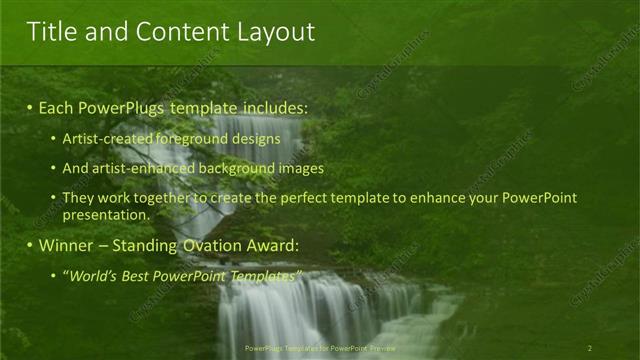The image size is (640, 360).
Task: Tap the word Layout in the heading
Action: [x=274, y=32]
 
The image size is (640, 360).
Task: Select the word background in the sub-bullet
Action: [x=239, y=168]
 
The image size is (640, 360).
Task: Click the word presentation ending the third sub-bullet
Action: [x=105, y=214]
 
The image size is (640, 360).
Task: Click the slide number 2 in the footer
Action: [x=590, y=348]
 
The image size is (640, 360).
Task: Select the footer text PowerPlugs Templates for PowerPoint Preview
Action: [x=319, y=348]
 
